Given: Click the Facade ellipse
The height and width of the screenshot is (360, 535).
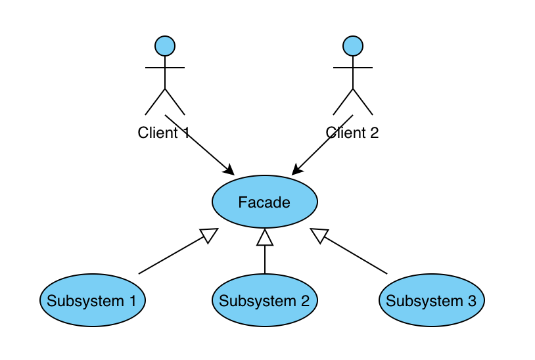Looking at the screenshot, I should point(264,202).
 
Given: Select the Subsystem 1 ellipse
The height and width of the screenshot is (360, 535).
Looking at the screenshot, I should point(92,301).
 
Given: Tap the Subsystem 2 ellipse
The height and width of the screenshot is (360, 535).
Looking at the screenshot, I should point(264,301).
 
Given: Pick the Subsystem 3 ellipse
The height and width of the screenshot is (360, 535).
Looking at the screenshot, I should point(431,301).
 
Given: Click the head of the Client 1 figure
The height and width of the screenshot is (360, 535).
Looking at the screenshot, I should point(164,46).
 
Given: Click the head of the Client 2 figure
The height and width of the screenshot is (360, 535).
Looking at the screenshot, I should point(353,46).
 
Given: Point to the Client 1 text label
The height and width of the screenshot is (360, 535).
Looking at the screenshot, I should point(164,133).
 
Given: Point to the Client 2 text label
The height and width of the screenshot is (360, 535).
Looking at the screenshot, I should point(352,133).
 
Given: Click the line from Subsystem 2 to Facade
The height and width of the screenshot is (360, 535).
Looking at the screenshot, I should point(264,259).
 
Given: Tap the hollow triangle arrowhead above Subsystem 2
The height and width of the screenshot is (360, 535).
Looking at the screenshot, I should point(264,237).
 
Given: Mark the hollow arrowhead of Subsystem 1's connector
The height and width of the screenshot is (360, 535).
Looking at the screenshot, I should point(210,235).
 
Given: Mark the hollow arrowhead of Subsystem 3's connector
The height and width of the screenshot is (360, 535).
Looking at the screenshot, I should point(319,235).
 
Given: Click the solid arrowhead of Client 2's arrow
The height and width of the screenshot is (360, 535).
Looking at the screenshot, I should point(298,169).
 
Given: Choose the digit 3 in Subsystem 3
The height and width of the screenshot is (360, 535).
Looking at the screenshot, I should point(471,302).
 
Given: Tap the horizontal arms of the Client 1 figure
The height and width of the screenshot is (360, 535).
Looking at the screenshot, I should point(164,67).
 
